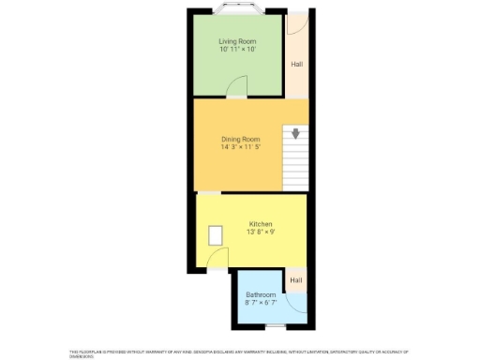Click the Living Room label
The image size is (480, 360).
237,41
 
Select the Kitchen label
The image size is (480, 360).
261,224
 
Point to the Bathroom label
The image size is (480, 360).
261,294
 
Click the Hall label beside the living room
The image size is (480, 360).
296,65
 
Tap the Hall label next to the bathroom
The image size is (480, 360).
296,280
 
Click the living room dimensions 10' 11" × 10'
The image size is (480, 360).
237,50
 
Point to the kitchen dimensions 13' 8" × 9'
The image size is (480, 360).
261,232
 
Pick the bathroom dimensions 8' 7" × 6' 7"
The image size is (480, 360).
261,303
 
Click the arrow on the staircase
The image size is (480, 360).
296,133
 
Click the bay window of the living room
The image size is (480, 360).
237,12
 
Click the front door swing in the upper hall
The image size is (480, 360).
294,25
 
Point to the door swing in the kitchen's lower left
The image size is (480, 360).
217,262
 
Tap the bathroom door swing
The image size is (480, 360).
297,302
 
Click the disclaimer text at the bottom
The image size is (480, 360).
240,352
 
